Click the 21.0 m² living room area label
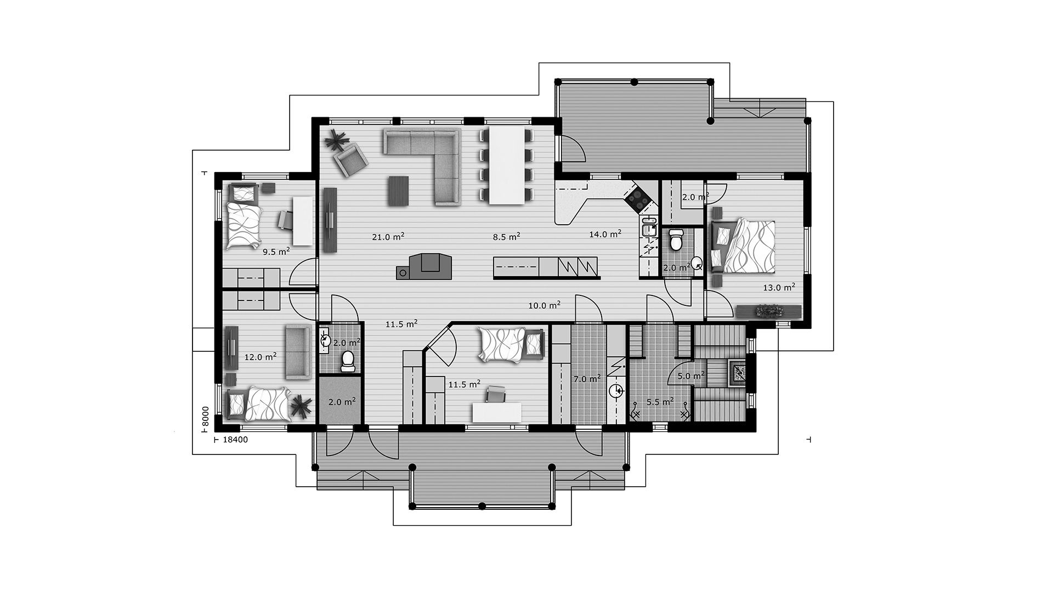tap(388, 237)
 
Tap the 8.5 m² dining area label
tap(506, 237)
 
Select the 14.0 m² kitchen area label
tap(605, 234)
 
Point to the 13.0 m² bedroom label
tap(779, 287)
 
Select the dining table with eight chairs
tap(506, 166)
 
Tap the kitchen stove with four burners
tap(638, 198)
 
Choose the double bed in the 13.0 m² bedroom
tap(744, 246)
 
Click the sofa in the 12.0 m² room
tap(298, 351)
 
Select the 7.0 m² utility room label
tap(587, 379)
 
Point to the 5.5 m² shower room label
tap(660, 402)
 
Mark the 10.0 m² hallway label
tap(544, 306)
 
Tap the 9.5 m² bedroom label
tap(276, 252)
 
